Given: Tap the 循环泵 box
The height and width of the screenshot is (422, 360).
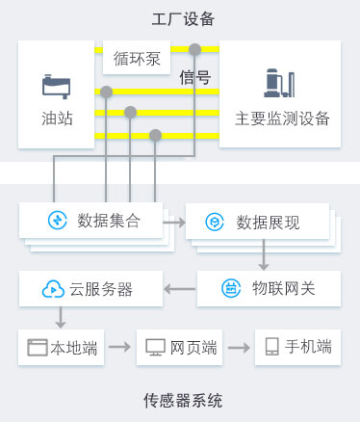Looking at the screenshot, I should click(138, 59).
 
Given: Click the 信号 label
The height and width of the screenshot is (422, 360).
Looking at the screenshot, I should click(194, 78).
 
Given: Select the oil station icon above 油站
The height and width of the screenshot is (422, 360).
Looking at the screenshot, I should click(57, 87).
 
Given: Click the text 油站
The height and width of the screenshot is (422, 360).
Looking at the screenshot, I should click(57, 119).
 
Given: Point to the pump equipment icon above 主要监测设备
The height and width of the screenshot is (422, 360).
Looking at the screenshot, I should click(280, 85).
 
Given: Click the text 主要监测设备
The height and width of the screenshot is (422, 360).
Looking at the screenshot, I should click(282, 119).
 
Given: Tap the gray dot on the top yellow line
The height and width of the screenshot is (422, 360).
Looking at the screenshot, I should click(195, 48).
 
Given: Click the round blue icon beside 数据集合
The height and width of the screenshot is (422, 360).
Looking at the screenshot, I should click(57, 221).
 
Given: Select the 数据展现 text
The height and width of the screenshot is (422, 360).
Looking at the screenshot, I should click(268, 223).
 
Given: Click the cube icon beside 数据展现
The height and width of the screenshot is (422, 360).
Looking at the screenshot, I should click(214, 223).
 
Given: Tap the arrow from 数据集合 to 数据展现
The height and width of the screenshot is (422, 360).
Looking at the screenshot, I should click(174, 222).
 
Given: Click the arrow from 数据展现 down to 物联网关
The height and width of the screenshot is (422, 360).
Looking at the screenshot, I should click(263, 256).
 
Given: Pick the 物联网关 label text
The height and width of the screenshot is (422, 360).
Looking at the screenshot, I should click(283, 287).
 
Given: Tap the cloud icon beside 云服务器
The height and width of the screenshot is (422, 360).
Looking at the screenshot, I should click(51, 287).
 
